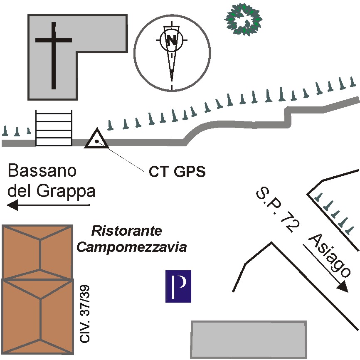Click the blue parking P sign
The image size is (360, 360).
178,286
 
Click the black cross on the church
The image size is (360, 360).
54,56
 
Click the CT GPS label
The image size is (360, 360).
177,171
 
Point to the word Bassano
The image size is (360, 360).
42,170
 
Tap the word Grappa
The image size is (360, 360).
66,191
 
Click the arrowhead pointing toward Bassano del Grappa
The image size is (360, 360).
12,205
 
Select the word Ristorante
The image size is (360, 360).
127,231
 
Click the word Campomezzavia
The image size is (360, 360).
131,247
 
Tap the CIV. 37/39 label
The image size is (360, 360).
84,314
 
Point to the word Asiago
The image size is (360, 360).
329,256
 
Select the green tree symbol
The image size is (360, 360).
243,19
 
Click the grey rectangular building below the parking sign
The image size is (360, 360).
249,339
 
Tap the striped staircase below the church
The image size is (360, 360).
54,128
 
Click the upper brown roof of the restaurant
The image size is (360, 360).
37,252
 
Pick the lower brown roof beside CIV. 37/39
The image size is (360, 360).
37,316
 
